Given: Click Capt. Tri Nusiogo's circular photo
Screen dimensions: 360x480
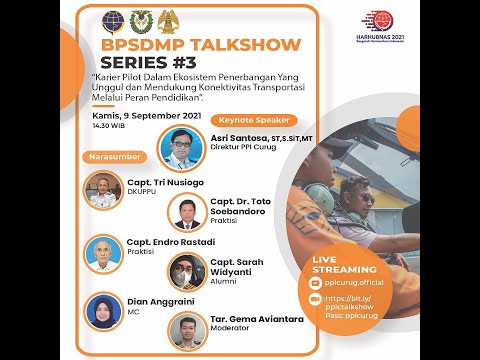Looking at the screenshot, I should [103, 190].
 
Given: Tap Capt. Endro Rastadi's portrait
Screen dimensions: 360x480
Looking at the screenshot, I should [103, 254].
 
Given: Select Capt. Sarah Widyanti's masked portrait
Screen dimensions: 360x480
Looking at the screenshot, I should [186, 270].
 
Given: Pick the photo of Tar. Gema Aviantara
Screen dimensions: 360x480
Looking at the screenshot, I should [186, 331].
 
